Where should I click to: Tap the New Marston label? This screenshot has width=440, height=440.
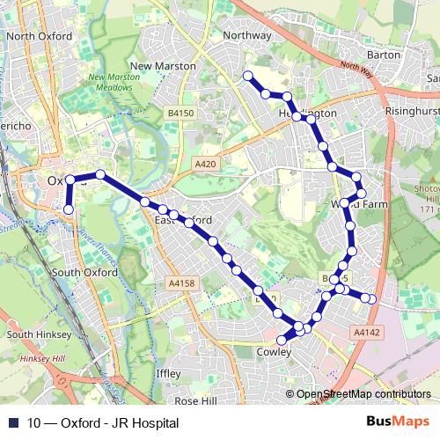click(x=163, y=66)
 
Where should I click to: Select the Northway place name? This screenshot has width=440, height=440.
click(x=247, y=35)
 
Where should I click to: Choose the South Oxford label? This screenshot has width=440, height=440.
click(x=84, y=273)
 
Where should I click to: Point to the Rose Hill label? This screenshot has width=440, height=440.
click(x=194, y=400)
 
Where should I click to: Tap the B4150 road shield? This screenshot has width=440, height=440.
click(x=180, y=114)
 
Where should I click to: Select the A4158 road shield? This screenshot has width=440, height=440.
click(x=180, y=283)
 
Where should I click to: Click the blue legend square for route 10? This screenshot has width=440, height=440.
click(x=12, y=423)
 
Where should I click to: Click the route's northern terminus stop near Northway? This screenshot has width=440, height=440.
click(x=248, y=76)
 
